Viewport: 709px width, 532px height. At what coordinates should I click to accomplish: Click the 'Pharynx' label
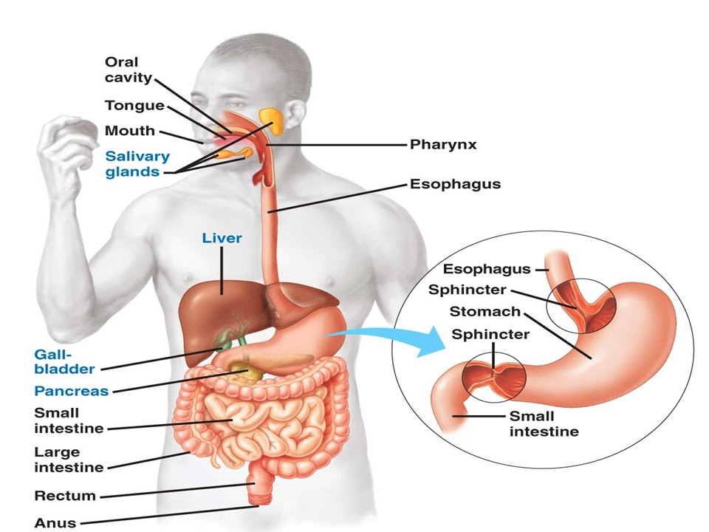(x=443, y=145)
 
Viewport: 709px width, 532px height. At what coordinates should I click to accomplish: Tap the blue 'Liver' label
(x=222, y=239)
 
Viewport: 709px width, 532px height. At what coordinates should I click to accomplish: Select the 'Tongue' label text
(x=134, y=106)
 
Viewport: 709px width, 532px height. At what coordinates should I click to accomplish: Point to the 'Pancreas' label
(x=71, y=391)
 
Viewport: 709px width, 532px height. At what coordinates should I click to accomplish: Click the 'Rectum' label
(x=65, y=495)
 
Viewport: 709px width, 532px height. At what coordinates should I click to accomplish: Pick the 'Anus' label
(x=55, y=522)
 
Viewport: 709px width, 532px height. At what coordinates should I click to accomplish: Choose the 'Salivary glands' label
(x=137, y=164)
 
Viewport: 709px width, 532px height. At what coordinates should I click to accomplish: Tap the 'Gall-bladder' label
(x=64, y=361)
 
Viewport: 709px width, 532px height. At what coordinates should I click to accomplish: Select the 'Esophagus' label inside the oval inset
(x=487, y=269)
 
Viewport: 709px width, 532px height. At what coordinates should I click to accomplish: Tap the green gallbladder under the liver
(x=222, y=341)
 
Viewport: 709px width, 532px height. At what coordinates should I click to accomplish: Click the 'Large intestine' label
(x=69, y=459)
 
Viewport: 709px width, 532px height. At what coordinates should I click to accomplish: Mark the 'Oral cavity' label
(x=129, y=69)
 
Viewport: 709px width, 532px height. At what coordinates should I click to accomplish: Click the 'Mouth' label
(x=130, y=131)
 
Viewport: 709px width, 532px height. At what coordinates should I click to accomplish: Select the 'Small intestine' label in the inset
(x=543, y=423)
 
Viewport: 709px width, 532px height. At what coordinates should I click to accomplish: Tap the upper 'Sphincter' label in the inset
(x=467, y=290)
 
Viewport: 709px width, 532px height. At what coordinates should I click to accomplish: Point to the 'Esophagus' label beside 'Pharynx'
(x=455, y=184)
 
